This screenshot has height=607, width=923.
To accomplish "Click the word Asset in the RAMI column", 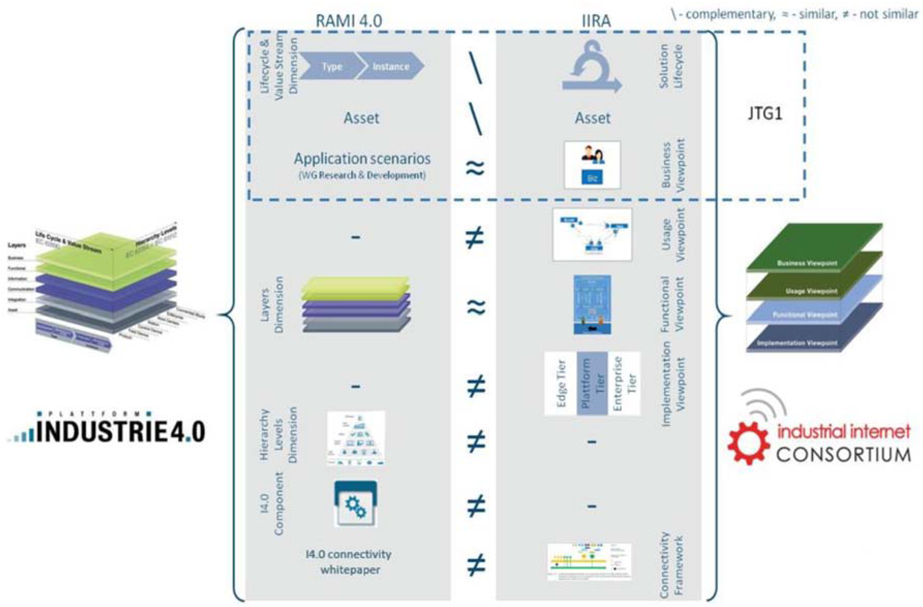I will (x=361, y=118).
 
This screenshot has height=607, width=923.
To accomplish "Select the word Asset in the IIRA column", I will (x=592, y=118).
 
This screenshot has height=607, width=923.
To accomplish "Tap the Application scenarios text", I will (x=362, y=159).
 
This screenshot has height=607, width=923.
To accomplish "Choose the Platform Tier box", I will (x=592, y=383).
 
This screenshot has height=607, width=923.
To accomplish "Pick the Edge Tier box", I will (x=561, y=383).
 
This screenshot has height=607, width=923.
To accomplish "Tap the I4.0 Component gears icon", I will (x=356, y=504).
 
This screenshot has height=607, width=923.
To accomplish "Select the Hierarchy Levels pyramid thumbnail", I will (x=356, y=438).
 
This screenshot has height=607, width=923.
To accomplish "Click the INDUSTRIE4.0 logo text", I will (x=120, y=432).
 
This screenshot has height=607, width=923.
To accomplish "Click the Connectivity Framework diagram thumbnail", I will (x=589, y=562).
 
